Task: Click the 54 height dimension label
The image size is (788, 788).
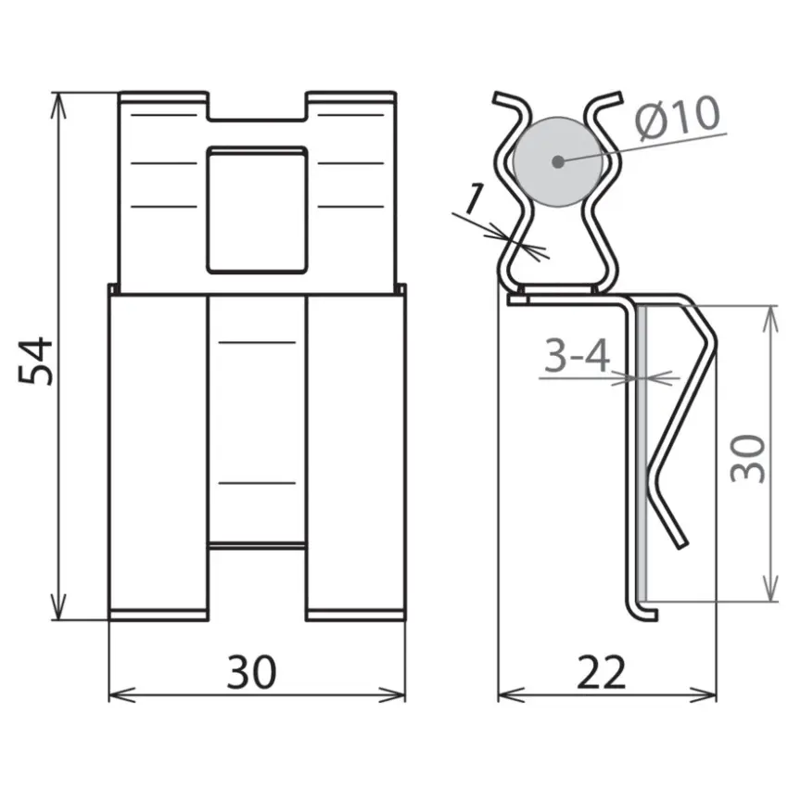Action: (x=35, y=361)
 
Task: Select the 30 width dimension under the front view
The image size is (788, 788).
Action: (x=251, y=672)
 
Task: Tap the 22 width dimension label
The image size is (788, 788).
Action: (x=602, y=672)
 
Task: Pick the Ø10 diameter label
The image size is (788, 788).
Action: (x=678, y=118)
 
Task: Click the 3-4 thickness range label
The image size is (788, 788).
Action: (x=577, y=355)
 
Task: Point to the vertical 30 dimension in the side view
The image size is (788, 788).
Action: (x=748, y=458)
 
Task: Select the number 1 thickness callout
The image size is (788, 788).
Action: (x=475, y=199)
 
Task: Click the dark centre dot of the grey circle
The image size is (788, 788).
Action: (x=557, y=162)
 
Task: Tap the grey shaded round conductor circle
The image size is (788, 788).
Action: (x=557, y=162)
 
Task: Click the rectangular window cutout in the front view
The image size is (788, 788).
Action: (x=258, y=210)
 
